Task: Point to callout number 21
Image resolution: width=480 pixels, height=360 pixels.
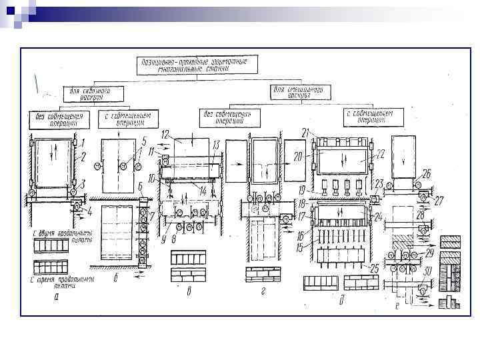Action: click(x=307, y=131)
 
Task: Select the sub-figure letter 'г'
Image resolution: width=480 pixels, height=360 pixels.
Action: click(x=263, y=292)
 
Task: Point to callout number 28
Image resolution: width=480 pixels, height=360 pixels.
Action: click(x=421, y=215)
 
